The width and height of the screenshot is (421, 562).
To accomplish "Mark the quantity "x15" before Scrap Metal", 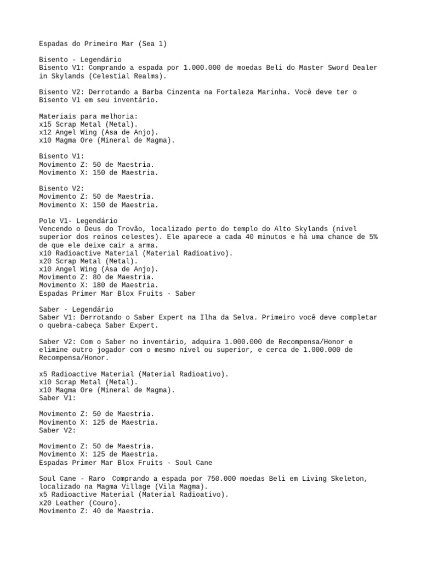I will [45, 124].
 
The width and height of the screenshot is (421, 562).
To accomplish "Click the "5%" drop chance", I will [373, 237].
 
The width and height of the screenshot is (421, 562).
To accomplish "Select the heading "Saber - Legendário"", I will [76, 310].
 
